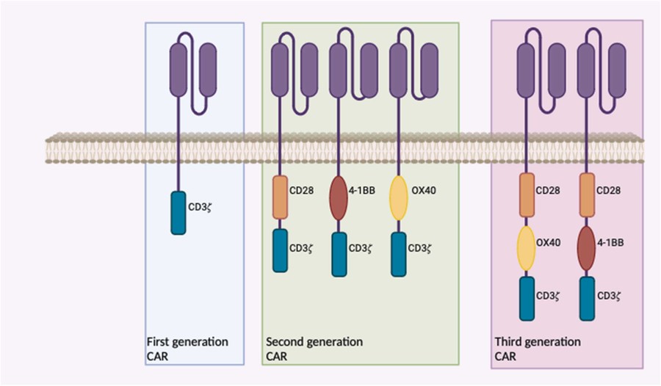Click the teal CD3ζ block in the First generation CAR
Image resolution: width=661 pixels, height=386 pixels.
(x=178, y=213)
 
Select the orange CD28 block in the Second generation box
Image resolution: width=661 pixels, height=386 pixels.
(x=281, y=197)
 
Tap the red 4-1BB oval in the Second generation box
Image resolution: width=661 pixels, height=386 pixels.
(x=339, y=197)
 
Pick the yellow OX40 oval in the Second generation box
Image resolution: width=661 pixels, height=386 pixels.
(x=398, y=197)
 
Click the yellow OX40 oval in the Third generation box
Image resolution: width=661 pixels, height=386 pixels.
(x=527, y=249)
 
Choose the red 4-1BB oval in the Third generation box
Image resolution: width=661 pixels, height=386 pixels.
(x=587, y=249)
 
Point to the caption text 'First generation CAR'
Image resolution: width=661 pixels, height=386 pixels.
(x=187, y=349)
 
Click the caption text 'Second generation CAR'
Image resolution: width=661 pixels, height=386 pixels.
(x=314, y=349)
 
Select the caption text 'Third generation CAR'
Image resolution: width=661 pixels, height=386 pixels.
(x=538, y=349)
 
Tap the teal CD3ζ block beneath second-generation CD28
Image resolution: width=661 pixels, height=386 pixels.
(x=281, y=250)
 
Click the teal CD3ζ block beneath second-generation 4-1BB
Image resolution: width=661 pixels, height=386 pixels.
(x=339, y=255)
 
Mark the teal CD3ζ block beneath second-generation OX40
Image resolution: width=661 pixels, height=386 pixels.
(x=398, y=255)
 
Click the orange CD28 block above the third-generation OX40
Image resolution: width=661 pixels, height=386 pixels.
(x=527, y=194)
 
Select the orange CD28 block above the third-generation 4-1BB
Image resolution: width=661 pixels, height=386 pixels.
(x=587, y=194)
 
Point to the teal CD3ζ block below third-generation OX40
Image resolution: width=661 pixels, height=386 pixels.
(x=527, y=298)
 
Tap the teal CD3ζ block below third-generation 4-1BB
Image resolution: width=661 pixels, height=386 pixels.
(x=587, y=298)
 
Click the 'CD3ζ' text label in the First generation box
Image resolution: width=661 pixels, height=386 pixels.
(x=201, y=207)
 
